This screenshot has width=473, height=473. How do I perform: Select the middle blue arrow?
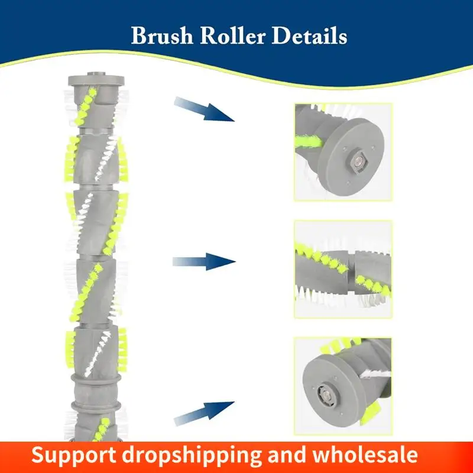pos(204,261)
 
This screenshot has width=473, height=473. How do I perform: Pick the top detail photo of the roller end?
pos(343,151)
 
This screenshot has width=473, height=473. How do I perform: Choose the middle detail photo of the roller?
pos(343,269)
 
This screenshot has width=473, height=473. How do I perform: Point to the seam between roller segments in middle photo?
pos(352,270)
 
